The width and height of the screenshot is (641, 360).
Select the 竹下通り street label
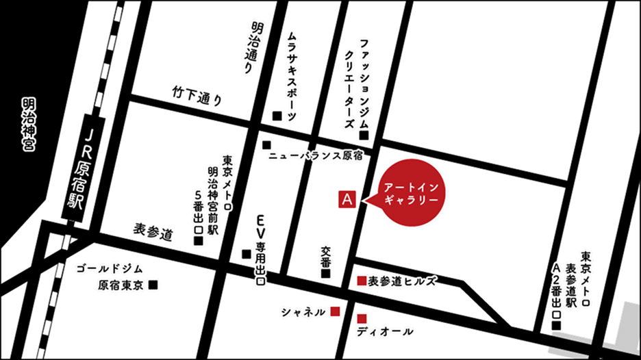(x=198, y=94)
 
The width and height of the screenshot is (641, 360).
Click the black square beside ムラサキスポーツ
(x=277, y=115)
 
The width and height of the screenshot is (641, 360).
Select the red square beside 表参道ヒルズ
(x=361, y=281)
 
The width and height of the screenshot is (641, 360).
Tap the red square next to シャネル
(x=335, y=311)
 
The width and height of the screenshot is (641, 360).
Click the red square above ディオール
(x=362, y=318)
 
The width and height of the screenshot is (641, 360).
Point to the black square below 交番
(x=325, y=274)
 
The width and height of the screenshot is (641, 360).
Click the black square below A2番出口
(x=557, y=324)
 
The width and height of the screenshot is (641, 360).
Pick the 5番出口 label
(x=198, y=212)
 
